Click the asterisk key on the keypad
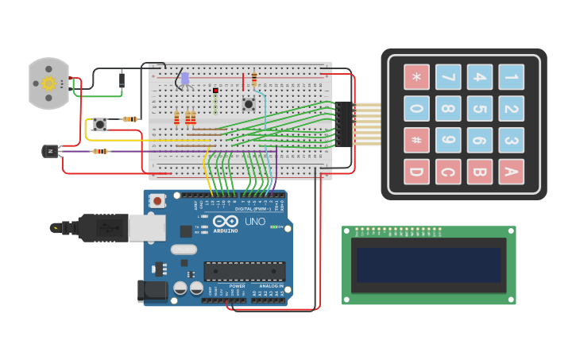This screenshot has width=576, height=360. click(416, 77)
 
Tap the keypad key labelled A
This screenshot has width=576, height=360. click(511, 172)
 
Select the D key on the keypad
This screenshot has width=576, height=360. click(416, 172)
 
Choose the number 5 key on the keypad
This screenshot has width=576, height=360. click(479, 109)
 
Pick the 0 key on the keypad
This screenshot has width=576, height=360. click(416, 109)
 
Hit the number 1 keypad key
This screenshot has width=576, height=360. click(511, 77)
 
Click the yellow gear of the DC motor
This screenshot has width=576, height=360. click(48, 83)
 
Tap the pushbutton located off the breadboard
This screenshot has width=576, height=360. click(100, 124)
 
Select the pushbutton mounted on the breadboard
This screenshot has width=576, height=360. click(248, 104)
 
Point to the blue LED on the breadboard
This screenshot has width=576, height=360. click(185, 79)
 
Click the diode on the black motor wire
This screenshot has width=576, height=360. click(122, 79)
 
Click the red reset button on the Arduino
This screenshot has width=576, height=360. click(157, 201)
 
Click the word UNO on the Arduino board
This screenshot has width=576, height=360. click(254, 222)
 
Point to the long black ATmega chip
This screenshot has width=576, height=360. click(244, 271)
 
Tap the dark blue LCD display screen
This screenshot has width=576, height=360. click(428, 265)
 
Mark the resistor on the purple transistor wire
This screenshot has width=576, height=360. click(100, 151)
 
